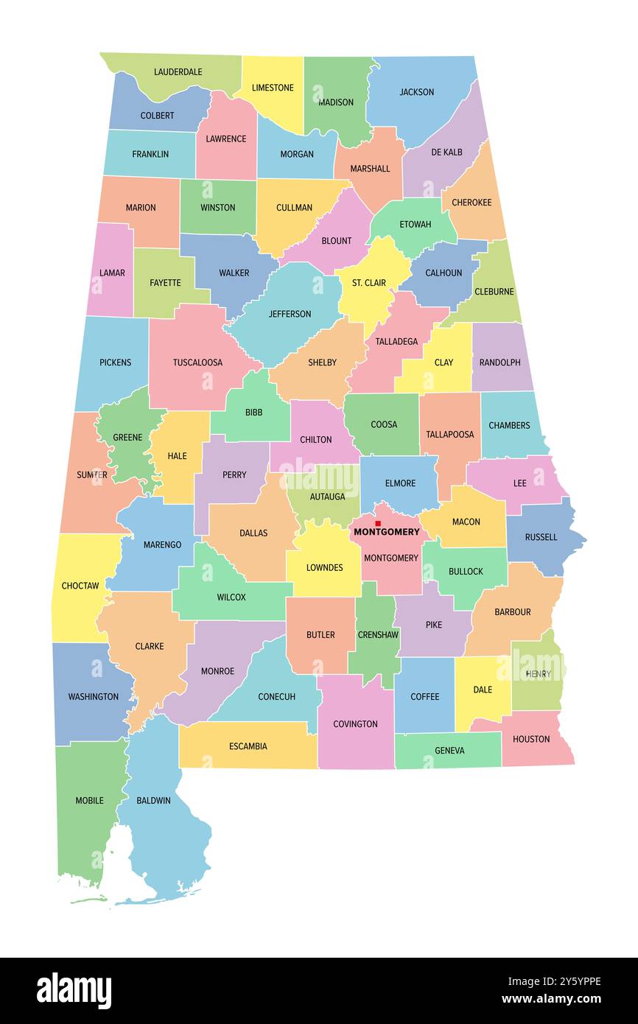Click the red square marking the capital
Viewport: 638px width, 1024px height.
click(378, 523)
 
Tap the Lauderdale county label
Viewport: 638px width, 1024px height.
click(178, 72)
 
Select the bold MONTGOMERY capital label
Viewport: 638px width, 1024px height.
click(387, 532)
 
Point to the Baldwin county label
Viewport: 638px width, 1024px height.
click(153, 800)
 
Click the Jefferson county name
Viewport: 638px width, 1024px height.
click(290, 314)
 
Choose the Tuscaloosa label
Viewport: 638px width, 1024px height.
click(197, 362)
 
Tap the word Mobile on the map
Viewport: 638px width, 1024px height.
click(90, 800)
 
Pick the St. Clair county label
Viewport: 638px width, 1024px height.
click(368, 282)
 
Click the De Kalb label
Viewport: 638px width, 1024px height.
click(447, 152)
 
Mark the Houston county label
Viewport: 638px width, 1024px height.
click(531, 739)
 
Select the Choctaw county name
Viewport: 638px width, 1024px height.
click(80, 586)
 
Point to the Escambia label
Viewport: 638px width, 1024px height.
click(248, 746)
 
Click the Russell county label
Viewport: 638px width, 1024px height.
click(541, 537)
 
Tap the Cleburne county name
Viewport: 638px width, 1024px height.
click(494, 292)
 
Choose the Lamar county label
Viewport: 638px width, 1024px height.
click(112, 273)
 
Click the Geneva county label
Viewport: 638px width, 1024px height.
click(449, 751)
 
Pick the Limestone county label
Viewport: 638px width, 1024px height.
click(273, 88)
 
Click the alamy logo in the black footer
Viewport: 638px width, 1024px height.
click(74, 990)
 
